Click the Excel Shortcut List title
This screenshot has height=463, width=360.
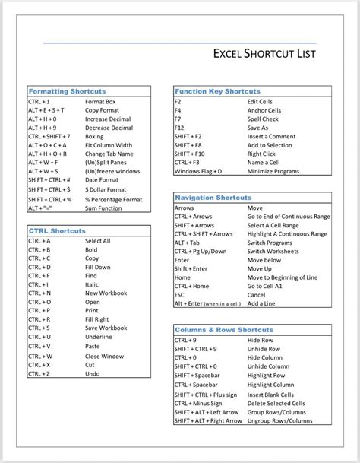click(263, 54)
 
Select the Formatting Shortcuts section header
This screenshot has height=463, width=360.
click(67, 91)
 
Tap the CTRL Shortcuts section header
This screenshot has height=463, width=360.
click(57, 230)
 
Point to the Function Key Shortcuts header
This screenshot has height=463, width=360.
click(217, 91)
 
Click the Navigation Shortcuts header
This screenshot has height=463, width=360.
click(213, 197)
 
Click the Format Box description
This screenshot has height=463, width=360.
click(100, 101)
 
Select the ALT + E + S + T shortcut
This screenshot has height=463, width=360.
click(46, 110)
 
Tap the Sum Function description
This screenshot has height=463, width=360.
click(103, 208)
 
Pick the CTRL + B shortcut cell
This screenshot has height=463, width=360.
click(39, 249)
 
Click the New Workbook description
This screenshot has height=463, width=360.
click(106, 293)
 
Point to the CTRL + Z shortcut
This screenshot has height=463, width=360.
click(39, 373)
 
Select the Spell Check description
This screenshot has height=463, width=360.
click(263, 119)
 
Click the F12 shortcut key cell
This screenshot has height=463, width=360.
click(179, 128)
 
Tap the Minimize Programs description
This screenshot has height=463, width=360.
click(273, 171)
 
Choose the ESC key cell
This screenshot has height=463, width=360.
click(180, 295)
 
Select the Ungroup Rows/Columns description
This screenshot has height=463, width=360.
click(279, 420)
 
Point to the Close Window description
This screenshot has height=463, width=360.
click(104, 356)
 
